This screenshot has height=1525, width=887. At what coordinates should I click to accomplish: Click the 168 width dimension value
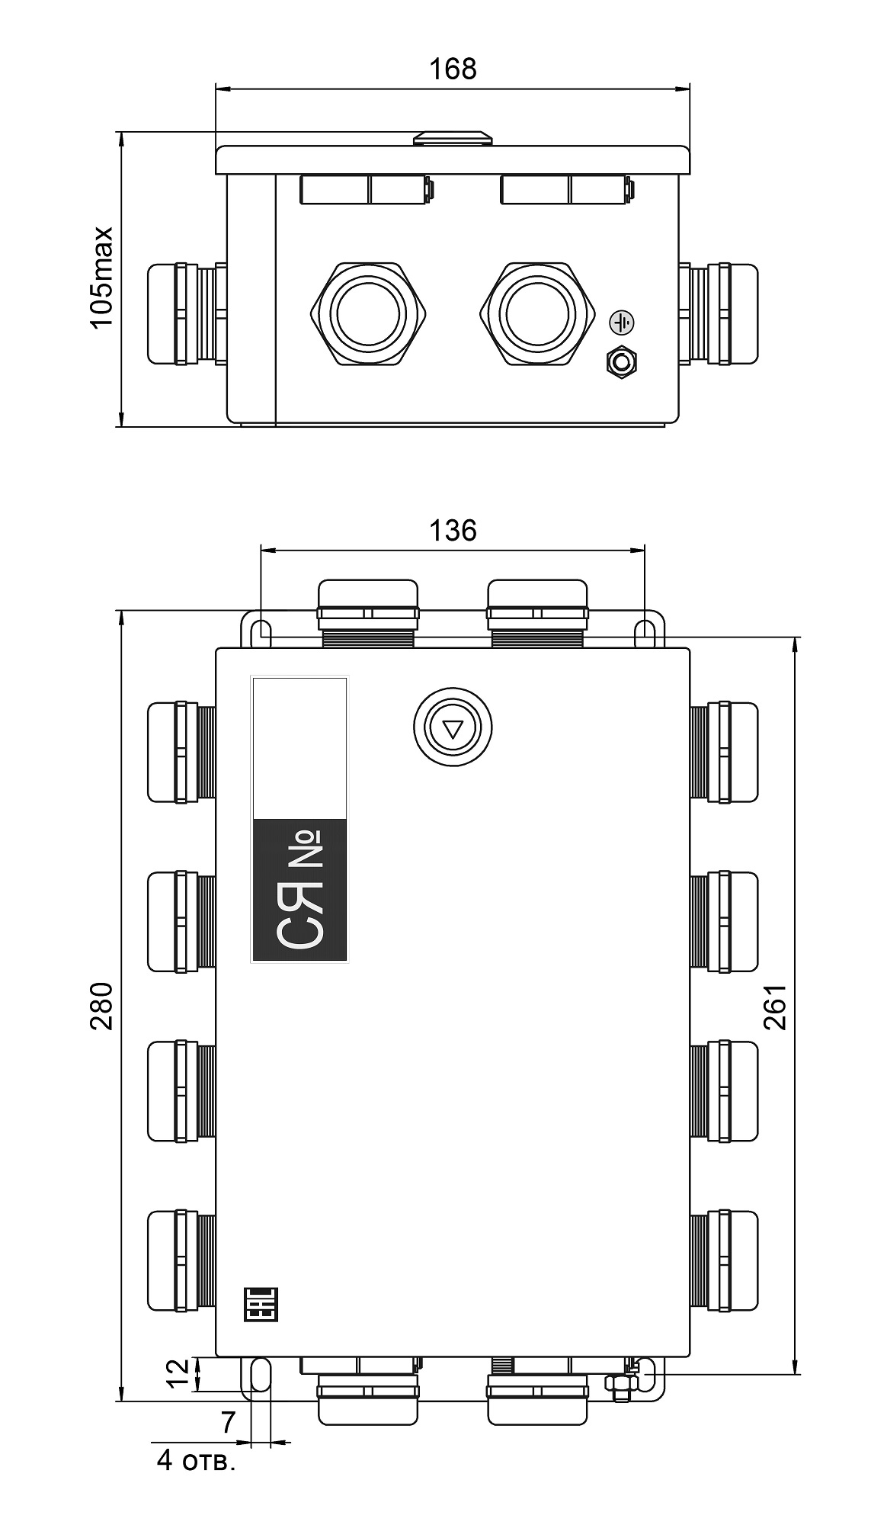[453, 69]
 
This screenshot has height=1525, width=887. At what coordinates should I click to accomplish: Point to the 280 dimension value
[101, 1006]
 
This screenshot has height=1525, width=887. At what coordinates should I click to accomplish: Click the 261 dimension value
[775, 1006]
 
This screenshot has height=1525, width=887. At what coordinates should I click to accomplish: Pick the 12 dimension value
[178, 1374]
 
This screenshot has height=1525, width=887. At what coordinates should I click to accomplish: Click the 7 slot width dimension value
[228, 1422]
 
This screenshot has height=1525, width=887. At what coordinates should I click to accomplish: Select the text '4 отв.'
[196, 1461]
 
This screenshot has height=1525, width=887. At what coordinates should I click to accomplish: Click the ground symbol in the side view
[622, 323]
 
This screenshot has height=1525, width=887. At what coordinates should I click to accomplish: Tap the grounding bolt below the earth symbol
[622, 361]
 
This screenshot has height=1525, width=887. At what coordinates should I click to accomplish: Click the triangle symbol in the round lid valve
[453, 729]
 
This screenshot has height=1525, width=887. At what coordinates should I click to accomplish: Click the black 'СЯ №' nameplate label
[299, 890]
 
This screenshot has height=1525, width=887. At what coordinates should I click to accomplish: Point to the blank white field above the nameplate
[299, 748]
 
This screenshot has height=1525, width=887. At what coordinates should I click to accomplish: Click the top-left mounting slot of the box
[261, 631]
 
